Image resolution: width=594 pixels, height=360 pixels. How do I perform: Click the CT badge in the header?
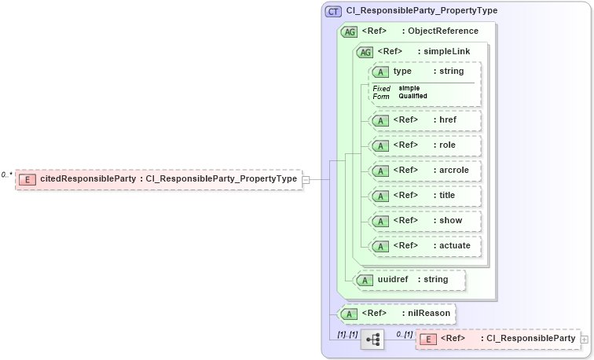point(333,11)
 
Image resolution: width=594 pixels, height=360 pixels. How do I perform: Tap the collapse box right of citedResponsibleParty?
point(306,179)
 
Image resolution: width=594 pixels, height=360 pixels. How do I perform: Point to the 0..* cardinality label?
point(7,174)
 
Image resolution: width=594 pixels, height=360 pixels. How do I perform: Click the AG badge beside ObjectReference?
point(349,31)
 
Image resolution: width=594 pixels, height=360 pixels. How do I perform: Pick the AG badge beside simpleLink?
point(365,52)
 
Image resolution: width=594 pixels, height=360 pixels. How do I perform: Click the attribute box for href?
point(425,120)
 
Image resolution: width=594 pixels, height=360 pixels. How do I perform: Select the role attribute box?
point(425,145)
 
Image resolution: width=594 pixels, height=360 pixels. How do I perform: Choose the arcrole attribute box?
point(425,170)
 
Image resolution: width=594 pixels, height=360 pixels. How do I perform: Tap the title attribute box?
point(425,195)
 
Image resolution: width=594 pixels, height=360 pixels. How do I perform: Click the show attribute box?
point(425,220)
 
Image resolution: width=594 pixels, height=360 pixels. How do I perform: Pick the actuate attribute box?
point(425,245)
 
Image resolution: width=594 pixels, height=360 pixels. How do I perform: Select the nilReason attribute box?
point(396,313)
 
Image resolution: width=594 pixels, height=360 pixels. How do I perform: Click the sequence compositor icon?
point(372,339)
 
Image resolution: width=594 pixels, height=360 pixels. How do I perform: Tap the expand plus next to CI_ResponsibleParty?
point(584,339)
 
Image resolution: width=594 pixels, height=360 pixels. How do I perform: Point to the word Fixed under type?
point(381,88)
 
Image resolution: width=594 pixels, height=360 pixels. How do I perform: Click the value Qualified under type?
point(413,96)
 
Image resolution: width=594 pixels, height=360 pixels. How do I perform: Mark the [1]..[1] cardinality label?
point(347,333)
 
